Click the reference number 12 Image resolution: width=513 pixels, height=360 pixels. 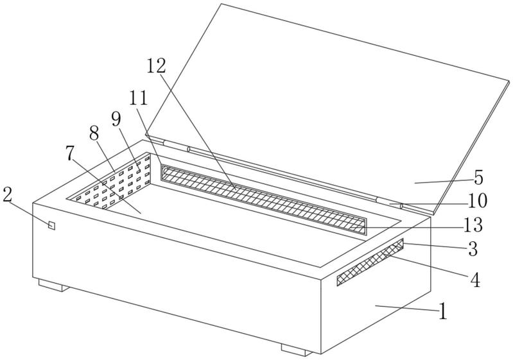pyautogui.click(x=156, y=66)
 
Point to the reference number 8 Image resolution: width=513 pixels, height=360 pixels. pyautogui.click(x=94, y=133)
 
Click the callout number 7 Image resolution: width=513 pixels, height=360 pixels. pyautogui.click(x=70, y=153)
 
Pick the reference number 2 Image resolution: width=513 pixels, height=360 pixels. pyautogui.click(x=7, y=195)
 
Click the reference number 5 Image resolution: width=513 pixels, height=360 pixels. pyautogui.click(x=478, y=178)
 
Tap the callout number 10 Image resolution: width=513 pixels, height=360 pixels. pyautogui.click(x=478, y=201)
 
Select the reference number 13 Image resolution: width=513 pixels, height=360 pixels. pyautogui.click(x=473, y=225)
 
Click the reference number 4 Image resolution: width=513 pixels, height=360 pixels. pyautogui.click(x=475, y=280)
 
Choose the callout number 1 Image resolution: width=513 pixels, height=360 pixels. pyautogui.click(x=442, y=311)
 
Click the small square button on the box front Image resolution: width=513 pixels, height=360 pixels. pyautogui.click(x=51, y=225)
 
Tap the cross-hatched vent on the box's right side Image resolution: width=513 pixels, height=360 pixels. pyautogui.click(x=370, y=262)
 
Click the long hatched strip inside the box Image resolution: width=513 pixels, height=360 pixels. pyautogui.click(x=263, y=200)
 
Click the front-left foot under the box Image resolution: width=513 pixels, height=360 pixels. pyautogui.click(x=54, y=285)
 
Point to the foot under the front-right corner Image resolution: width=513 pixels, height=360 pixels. pyautogui.click(x=297, y=350)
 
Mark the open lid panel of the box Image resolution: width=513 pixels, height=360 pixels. pyautogui.click(x=327, y=108)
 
